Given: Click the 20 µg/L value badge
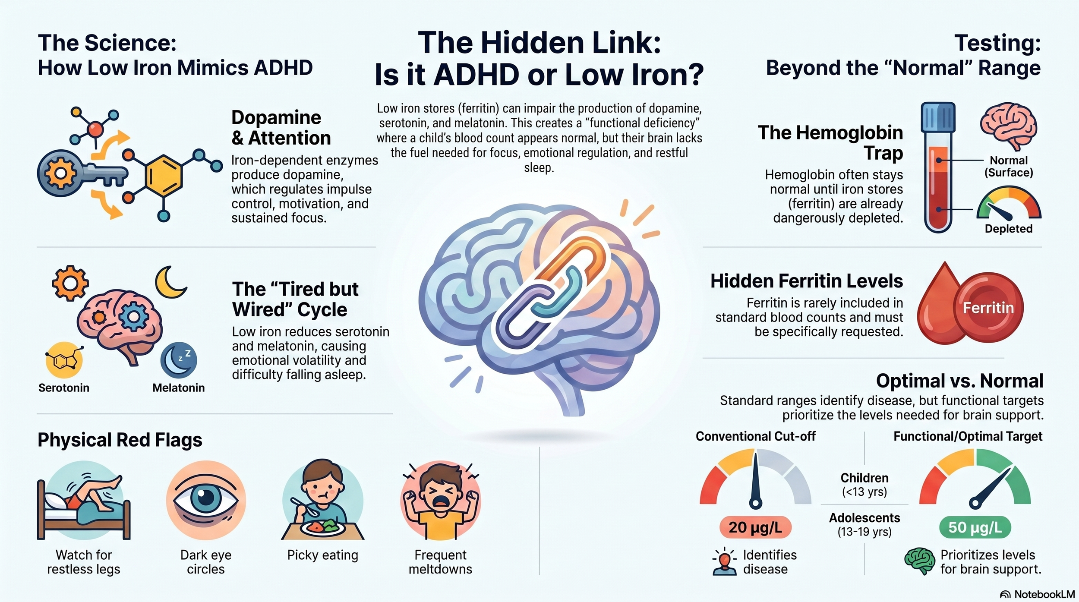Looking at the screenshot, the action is coord(755,527).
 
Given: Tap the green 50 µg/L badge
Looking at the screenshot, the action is coord(975,527).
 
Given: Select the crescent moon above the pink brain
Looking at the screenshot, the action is coord(170,282).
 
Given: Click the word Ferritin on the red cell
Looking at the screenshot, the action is coord(988,308).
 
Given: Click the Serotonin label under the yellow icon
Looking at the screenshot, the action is coord(64,388).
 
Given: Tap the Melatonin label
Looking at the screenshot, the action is coord(178,388).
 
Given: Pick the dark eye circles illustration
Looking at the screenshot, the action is coord(206,500).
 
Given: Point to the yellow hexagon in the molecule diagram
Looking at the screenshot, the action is coord(164,175).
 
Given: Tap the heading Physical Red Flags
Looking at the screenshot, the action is coord(120,440).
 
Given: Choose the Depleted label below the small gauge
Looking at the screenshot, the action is coord(1009,229).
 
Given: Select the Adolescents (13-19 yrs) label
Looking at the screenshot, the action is coord(864,524).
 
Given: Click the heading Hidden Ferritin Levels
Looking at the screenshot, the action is coord(807,281).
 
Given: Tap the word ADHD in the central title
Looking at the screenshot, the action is coord(476,74).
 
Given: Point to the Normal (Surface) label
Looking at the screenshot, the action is coord(1009,167).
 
